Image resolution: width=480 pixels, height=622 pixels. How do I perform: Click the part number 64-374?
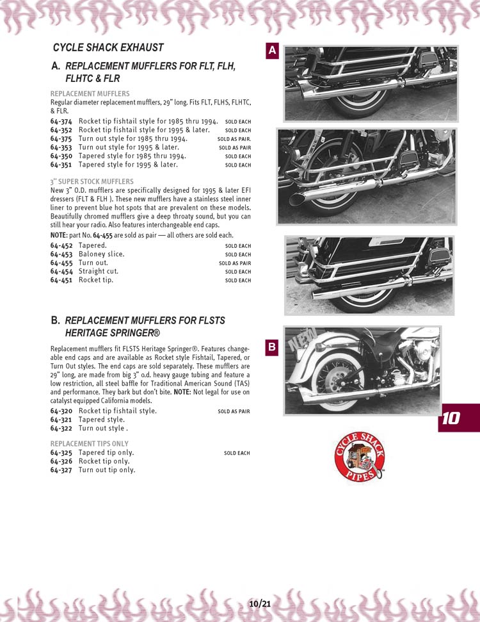[x=61, y=121]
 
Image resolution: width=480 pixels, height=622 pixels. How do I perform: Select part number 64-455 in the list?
[x=61, y=263]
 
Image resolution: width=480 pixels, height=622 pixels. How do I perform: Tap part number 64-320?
[x=61, y=411]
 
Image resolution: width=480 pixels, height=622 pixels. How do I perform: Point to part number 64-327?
[x=61, y=470]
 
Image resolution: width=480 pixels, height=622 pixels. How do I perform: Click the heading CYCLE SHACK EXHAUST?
[x=108, y=47]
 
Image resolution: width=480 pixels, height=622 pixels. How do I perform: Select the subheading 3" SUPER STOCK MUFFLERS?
[x=92, y=181]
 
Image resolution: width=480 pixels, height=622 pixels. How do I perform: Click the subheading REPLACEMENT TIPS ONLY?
[x=89, y=443]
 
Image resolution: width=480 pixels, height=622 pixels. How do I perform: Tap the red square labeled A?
[x=272, y=51]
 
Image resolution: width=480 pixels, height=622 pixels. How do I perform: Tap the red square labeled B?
[x=272, y=348]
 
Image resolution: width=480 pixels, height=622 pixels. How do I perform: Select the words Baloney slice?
[x=101, y=254]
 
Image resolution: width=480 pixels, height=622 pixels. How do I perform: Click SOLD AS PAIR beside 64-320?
[x=234, y=411]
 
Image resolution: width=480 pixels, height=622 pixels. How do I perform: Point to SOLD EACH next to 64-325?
[x=237, y=453]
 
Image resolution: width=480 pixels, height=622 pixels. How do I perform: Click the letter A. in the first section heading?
[x=56, y=66]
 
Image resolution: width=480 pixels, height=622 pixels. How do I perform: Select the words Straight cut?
[x=99, y=271]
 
